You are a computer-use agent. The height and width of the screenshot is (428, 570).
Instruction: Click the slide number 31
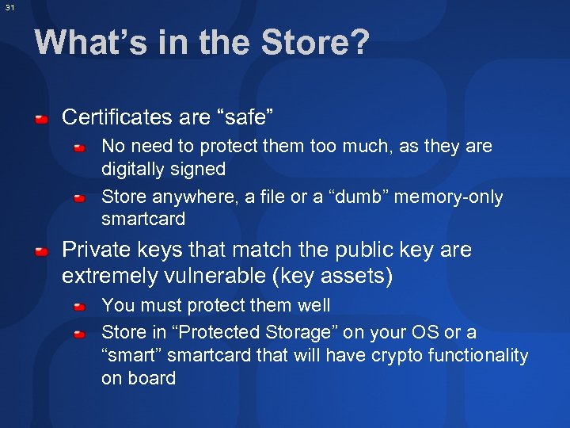[x=9, y=7]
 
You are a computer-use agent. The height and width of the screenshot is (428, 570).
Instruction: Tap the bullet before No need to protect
[x=80, y=147]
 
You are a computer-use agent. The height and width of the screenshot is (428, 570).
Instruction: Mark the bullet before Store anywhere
[x=80, y=198]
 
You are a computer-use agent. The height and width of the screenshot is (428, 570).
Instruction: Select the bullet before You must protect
[x=80, y=306]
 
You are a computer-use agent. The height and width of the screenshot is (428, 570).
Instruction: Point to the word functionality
[x=478, y=356]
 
